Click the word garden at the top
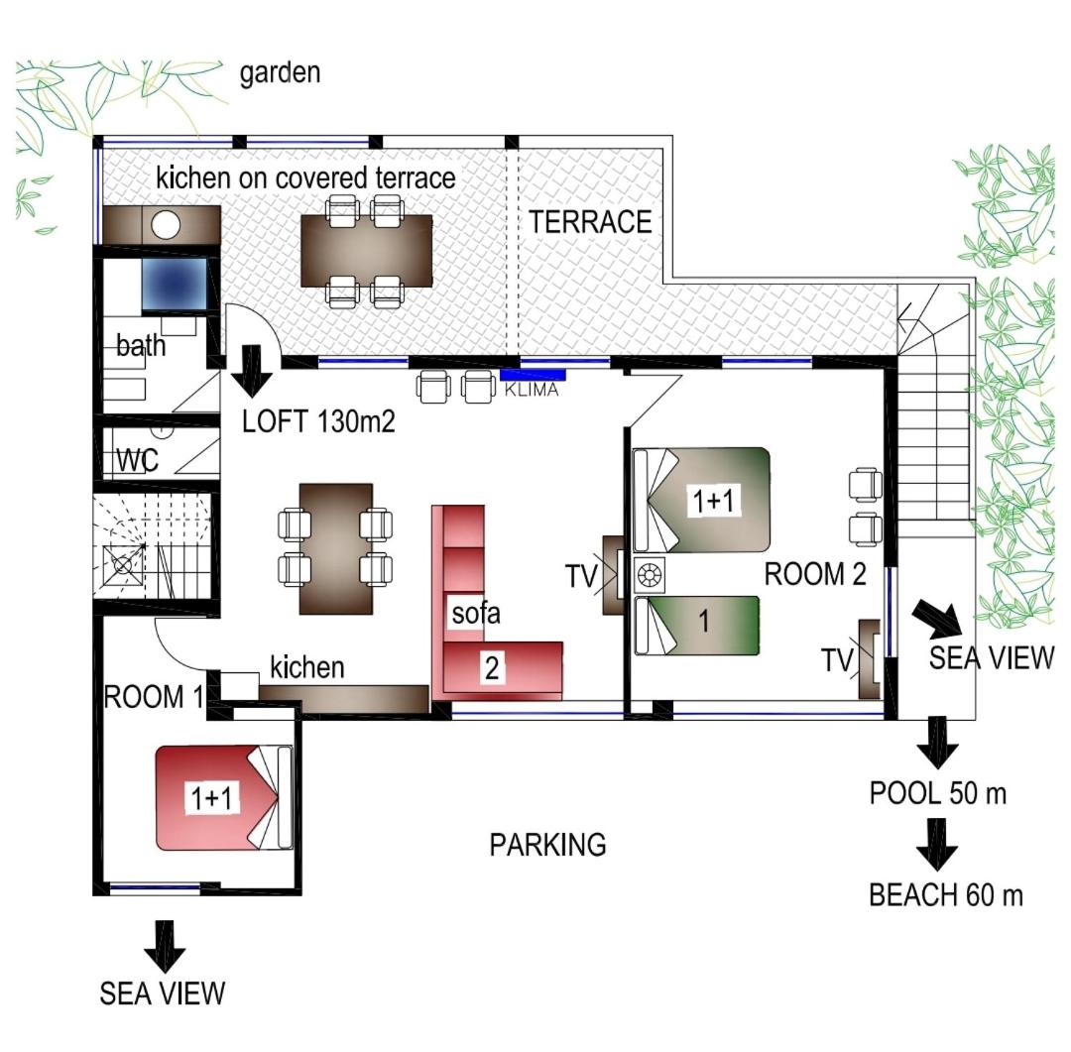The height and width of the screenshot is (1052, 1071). pos(280,73)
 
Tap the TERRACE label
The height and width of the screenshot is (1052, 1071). pos(590,222)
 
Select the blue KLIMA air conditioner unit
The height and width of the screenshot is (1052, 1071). pos(533,375)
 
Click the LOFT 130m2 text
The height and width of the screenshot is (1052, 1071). pos(318,421)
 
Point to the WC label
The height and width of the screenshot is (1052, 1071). pos(137,460)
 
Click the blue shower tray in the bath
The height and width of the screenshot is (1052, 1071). pos(175,284)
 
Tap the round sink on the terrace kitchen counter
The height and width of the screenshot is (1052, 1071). pos(166,225)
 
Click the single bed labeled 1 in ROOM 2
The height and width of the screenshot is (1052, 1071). pos(697,625)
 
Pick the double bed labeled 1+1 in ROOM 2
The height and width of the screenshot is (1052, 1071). pos(701,500)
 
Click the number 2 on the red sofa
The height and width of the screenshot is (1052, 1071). pos(492,667)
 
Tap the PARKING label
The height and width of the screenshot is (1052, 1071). pos(547,845)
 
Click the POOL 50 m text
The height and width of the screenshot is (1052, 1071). pos(938,793)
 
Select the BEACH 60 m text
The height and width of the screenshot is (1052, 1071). pos(946,895)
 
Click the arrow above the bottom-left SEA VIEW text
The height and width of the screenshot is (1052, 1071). pos(165,946)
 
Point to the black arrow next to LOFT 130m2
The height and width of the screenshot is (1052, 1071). pos(252,371)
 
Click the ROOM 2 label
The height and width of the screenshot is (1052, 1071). pos(815,574)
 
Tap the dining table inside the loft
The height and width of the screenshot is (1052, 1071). pos(336,549)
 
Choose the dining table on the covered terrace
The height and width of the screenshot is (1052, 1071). pos(367,251)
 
